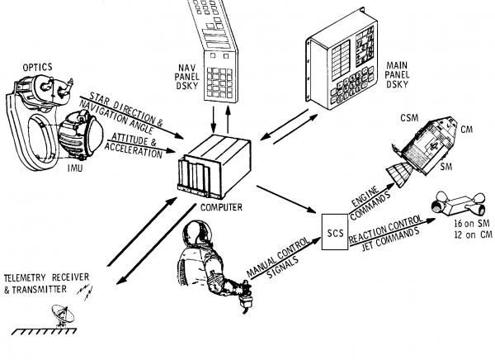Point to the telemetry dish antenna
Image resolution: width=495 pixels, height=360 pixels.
click(62, 315)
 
